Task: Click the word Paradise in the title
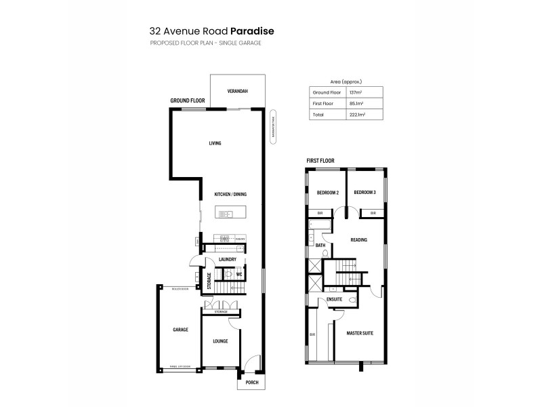(252, 31)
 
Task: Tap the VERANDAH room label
(237, 91)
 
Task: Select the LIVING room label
(215, 143)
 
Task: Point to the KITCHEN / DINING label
(230, 195)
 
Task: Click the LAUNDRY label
(228, 259)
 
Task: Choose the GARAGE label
(180, 330)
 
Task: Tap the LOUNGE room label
(220, 341)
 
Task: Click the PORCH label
(252, 382)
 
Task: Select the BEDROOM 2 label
(328, 193)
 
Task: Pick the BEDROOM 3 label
(364, 193)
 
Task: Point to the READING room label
(358, 239)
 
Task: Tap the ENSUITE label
(334, 298)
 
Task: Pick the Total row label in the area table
(317, 115)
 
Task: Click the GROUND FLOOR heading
(188, 100)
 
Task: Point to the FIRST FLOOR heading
(320, 161)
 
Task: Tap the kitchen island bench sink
(226, 214)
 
